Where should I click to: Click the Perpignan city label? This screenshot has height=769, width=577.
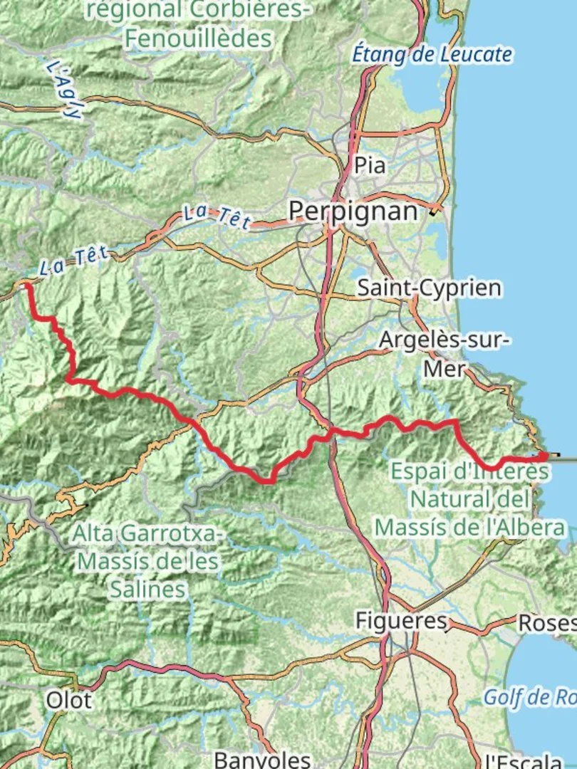[x=353, y=211]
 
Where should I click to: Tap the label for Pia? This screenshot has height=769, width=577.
[x=370, y=166]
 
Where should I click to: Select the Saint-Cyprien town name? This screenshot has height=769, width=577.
[x=429, y=288]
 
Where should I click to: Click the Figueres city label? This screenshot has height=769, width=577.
[x=401, y=621]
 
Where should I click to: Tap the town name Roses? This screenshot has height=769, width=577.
[x=546, y=623]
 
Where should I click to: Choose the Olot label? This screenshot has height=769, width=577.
[x=69, y=700]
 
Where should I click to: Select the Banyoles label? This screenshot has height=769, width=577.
[x=262, y=759]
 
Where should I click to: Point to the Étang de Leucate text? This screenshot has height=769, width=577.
[x=433, y=54]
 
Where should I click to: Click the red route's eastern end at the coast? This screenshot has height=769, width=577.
[x=545, y=454]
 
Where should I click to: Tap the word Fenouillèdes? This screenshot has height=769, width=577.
[x=199, y=38]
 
